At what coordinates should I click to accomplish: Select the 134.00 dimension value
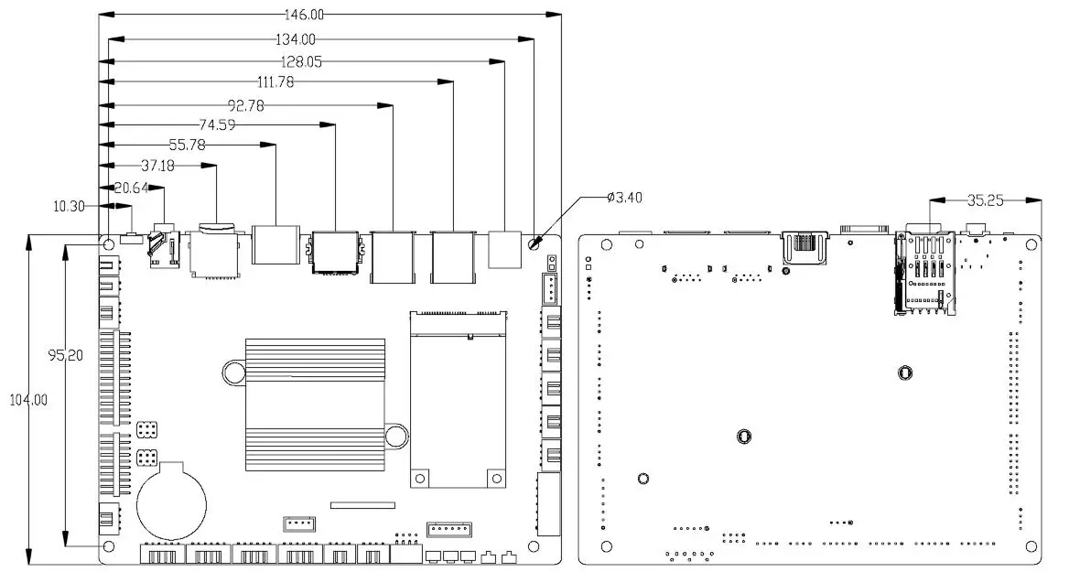click(295, 39)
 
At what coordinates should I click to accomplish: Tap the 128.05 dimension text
click(303, 62)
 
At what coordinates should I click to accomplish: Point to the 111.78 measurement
click(275, 82)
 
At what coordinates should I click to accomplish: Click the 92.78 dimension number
click(245, 105)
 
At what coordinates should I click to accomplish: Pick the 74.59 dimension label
click(216, 124)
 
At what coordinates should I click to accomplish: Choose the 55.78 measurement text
click(188, 145)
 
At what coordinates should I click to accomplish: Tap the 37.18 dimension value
click(158, 166)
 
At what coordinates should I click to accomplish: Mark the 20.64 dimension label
click(129, 188)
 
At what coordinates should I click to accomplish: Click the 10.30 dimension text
click(69, 207)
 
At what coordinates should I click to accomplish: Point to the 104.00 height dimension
click(27, 400)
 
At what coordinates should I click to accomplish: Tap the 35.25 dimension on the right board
click(987, 199)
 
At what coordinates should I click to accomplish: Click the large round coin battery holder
click(172, 502)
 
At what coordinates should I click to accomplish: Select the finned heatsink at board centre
click(315, 404)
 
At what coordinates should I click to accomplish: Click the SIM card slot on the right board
click(923, 274)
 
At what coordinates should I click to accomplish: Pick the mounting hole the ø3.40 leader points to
click(535, 244)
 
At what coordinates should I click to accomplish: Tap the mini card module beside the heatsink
click(458, 399)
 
